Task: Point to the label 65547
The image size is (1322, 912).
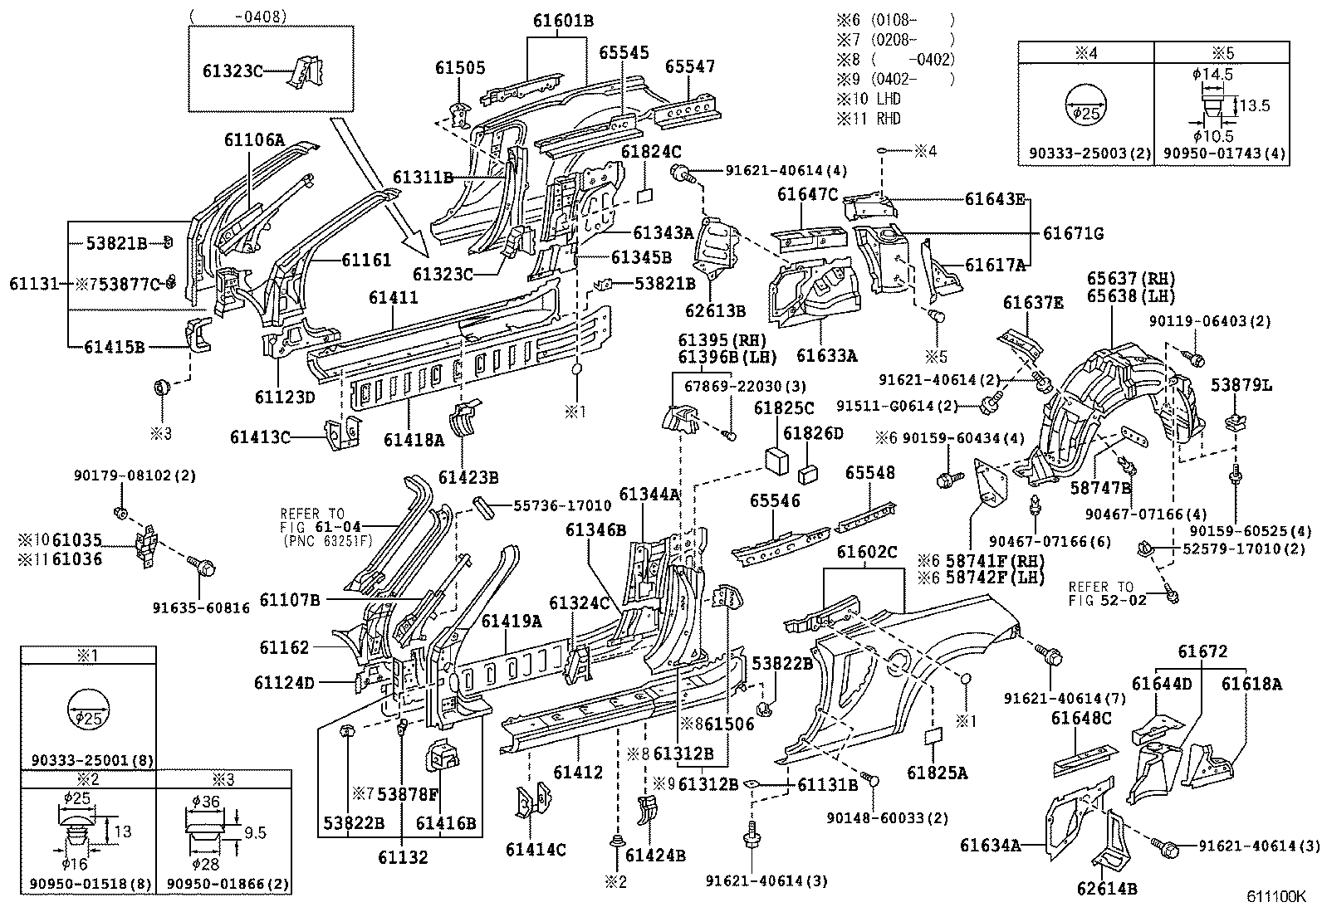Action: [690, 66]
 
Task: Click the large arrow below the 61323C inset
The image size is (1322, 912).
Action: [378, 186]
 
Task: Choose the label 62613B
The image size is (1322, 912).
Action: [715, 311]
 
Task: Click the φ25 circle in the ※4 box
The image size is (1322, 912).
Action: [1085, 109]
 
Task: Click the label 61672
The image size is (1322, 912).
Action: [1201, 652]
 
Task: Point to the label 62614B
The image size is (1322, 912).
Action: [1106, 889]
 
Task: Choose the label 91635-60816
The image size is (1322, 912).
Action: [201, 607]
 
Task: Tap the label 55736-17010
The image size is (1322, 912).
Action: [561, 505]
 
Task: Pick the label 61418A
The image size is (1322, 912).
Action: [413, 441]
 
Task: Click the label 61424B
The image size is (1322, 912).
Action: [655, 854]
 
